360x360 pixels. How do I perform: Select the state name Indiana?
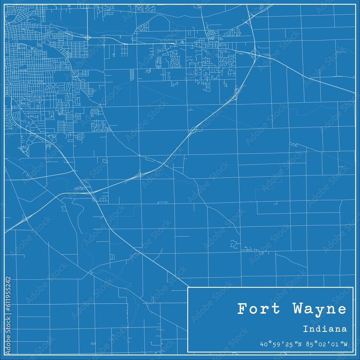pyautogui.click(x=325, y=329)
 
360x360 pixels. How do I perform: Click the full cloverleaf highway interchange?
pyautogui.click(x=254, y=54)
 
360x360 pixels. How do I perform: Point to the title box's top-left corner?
pyautogui.click(x=188, y=287)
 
